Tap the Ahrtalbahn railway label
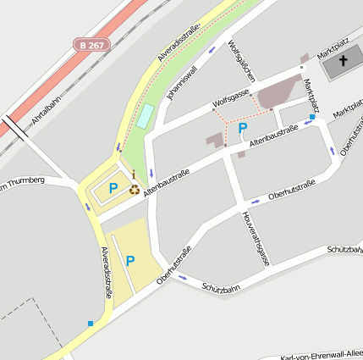(47, 110)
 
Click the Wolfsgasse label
(231, 99)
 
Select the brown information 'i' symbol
(133, 175)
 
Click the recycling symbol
(135, 189)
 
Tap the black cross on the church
(344, 61)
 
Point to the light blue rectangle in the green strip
(146, 116)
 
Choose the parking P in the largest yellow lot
(130, 261)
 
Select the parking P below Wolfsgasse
(243, 129)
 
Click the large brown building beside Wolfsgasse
(278, 91)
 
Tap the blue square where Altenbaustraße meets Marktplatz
(311, 118)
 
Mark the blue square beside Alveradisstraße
(91, 323)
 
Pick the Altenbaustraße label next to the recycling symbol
(167, 183)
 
